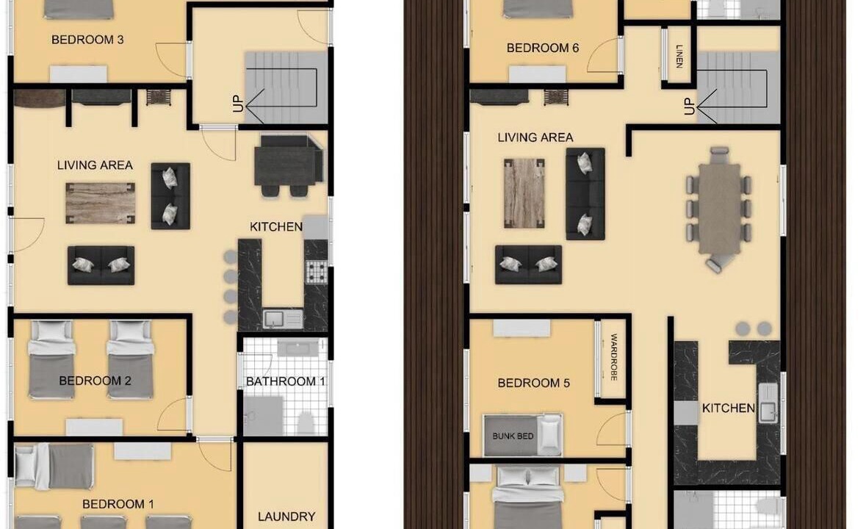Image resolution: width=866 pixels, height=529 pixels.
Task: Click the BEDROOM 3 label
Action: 87,40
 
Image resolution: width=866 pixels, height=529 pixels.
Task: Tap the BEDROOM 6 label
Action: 542,48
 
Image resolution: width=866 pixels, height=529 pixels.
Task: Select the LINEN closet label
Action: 679,57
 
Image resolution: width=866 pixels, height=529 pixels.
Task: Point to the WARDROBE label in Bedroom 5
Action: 613,357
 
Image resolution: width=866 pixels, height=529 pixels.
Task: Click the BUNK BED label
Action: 513,436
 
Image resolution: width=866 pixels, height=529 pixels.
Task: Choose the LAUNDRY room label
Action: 286,517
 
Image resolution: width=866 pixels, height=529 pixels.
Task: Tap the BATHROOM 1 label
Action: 285,381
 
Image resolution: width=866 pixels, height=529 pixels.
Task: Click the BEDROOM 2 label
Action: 95,381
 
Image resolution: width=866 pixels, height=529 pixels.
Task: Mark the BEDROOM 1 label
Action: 118,503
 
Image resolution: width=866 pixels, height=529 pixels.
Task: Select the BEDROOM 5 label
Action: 533,383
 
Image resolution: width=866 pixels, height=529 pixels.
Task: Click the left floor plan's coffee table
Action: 100,204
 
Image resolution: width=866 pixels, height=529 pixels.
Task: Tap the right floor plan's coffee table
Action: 524,193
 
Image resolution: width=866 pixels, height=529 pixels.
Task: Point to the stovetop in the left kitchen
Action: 317,271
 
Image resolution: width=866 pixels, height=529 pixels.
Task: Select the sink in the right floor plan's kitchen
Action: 768,403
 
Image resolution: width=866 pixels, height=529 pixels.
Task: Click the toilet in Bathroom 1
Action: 306,422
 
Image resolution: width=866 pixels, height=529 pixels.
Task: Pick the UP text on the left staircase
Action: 238,104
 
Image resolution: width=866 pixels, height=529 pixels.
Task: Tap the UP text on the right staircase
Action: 689,106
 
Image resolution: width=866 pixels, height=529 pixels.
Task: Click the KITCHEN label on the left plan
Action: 275,226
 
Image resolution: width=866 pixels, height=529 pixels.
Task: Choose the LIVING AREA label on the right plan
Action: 535,137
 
